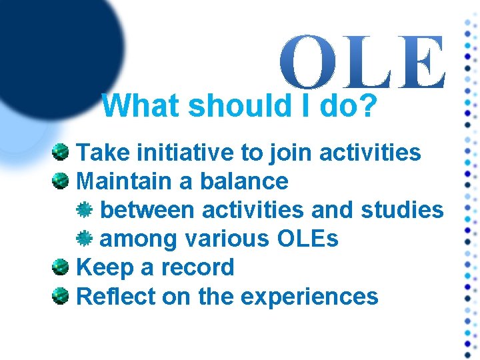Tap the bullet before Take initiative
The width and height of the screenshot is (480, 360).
coord(61,153)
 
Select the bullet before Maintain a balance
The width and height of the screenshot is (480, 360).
coord(61,181)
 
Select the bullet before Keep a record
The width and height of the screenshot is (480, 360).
coord(61,267)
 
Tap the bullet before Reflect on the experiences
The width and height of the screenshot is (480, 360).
coord(61,296)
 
